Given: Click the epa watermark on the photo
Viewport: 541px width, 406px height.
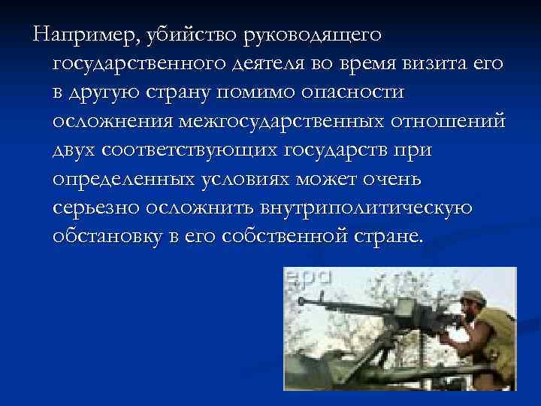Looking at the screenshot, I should (x=307, y=277).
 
